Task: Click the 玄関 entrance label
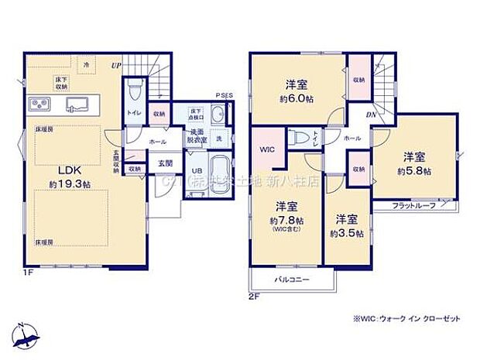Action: [166, 163]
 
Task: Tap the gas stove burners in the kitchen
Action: [39, 105]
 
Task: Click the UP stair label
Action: [115, 65]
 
